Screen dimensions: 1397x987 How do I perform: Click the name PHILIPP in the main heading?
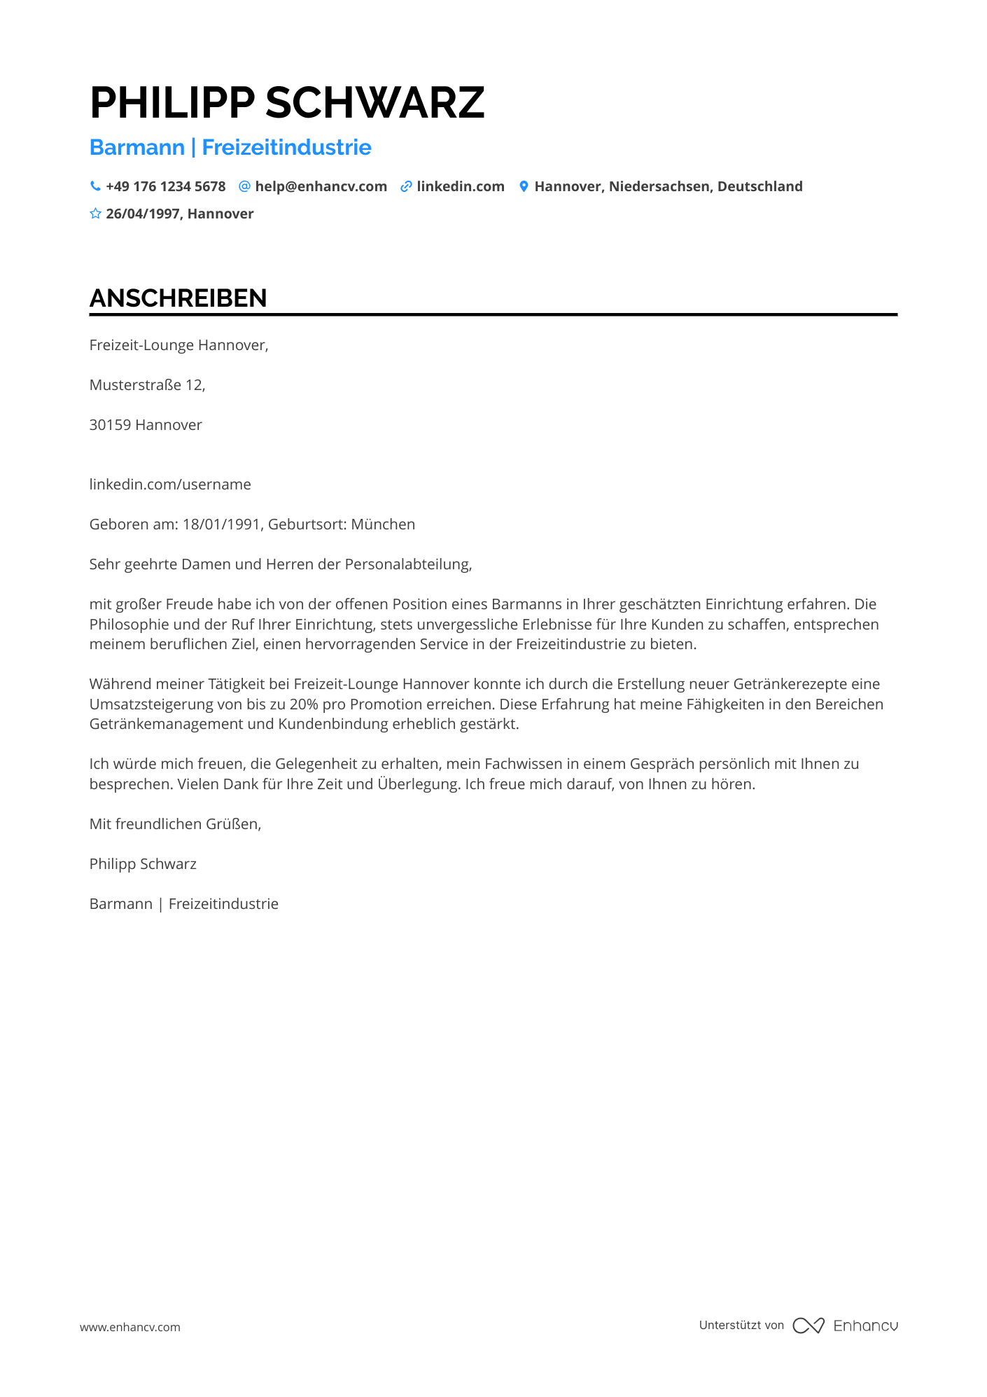[x=172, y=103]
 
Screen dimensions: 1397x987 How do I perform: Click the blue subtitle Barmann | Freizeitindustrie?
[x=230, y=148]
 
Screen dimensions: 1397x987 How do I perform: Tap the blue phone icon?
[x=95, y=186]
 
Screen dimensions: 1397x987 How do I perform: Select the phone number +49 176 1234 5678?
[x=166, y=186]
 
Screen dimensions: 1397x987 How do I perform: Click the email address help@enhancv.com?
[x=321, y=186]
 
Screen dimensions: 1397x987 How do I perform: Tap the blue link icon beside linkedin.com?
[x=406, y=186]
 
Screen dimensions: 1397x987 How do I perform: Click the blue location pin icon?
[x=524, y=186]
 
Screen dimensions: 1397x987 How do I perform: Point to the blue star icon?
[x=95, y=214]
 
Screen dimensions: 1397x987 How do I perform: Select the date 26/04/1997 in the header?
[x=143, y=214]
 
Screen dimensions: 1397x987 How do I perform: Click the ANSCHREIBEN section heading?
[x=178, y=298]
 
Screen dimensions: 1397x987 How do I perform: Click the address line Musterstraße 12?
[x=147, y=385]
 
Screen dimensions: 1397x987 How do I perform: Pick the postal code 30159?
[x=110, y=425]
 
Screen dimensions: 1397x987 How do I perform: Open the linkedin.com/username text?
[x=170, y=485]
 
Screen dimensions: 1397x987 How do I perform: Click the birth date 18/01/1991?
[x=221, y=524]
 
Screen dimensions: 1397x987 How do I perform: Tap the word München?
[x=383, y=524]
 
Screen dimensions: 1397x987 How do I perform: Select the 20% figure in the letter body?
[x=304, y=704]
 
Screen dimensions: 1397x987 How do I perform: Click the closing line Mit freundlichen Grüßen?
[x=175, y=824]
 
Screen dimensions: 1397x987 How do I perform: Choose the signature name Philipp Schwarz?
[x=143, y=864]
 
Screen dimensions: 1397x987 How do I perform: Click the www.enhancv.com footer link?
[x=130, y=1327]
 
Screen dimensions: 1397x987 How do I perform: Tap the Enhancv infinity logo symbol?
[x=808, y=1326]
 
